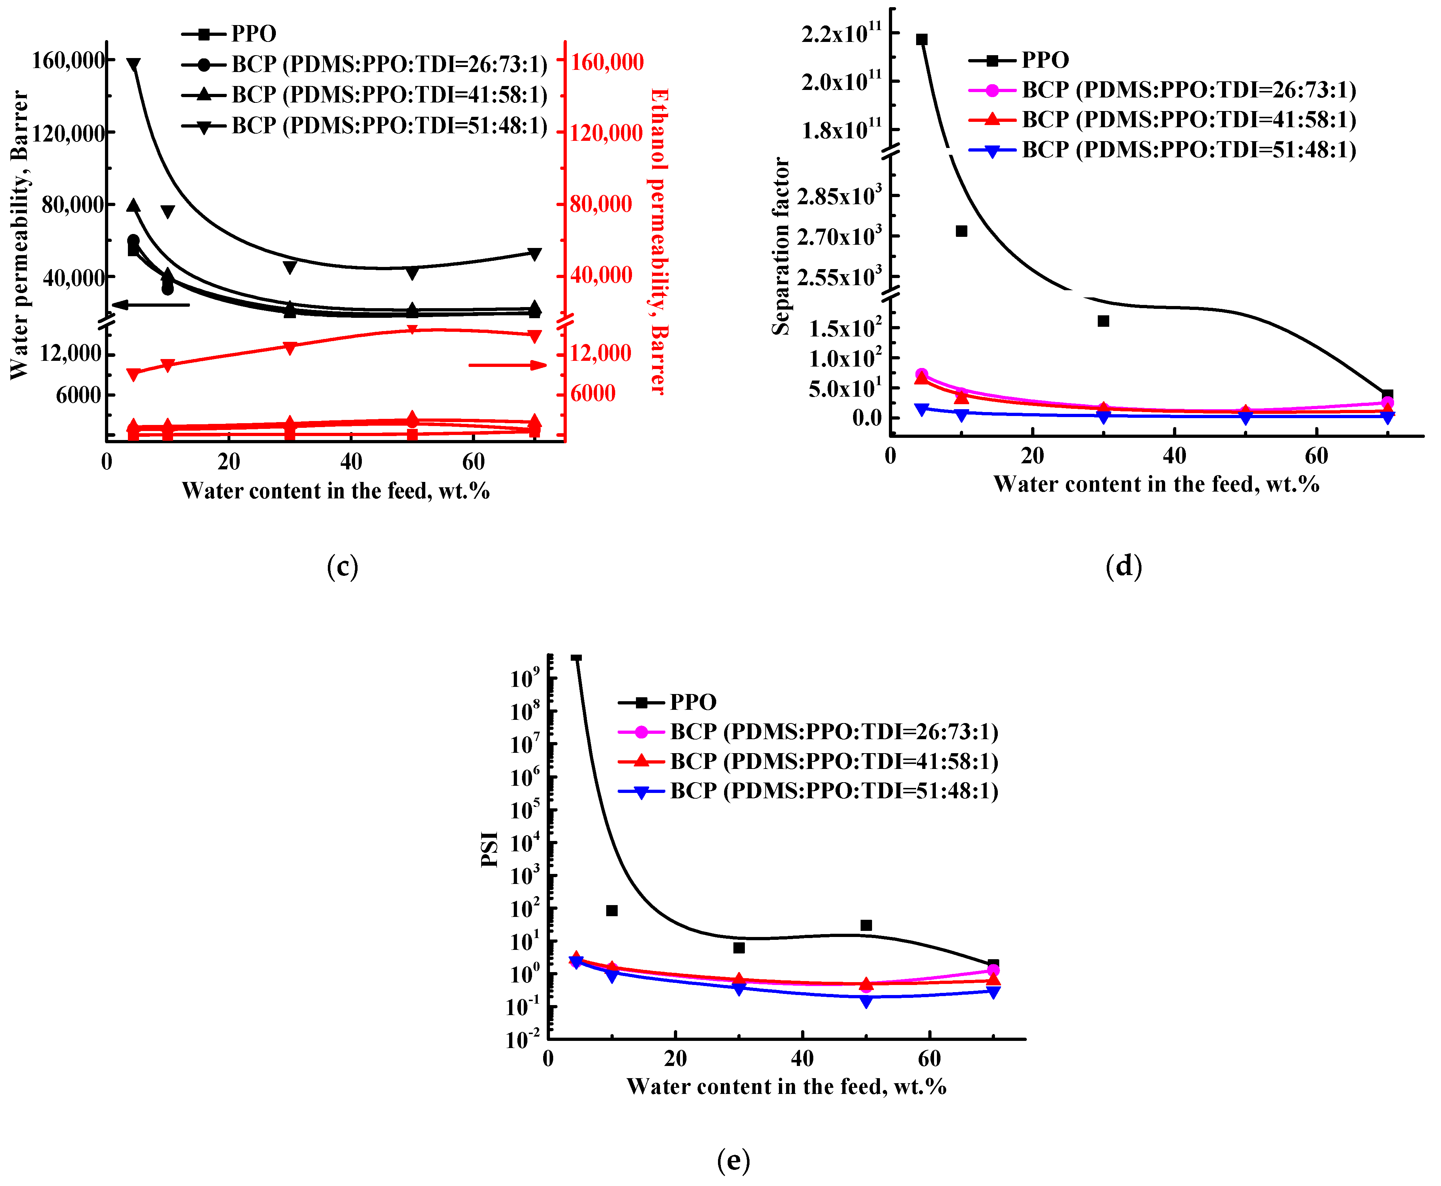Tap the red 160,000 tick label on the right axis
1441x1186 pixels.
[607, 62]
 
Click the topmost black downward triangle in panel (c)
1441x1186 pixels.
[133, 65]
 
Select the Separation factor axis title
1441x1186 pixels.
[781, 246]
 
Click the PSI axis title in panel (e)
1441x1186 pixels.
[489, 849]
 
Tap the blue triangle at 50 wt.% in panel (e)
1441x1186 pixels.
[866, 1001]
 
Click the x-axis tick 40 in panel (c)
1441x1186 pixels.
[351, 462]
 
